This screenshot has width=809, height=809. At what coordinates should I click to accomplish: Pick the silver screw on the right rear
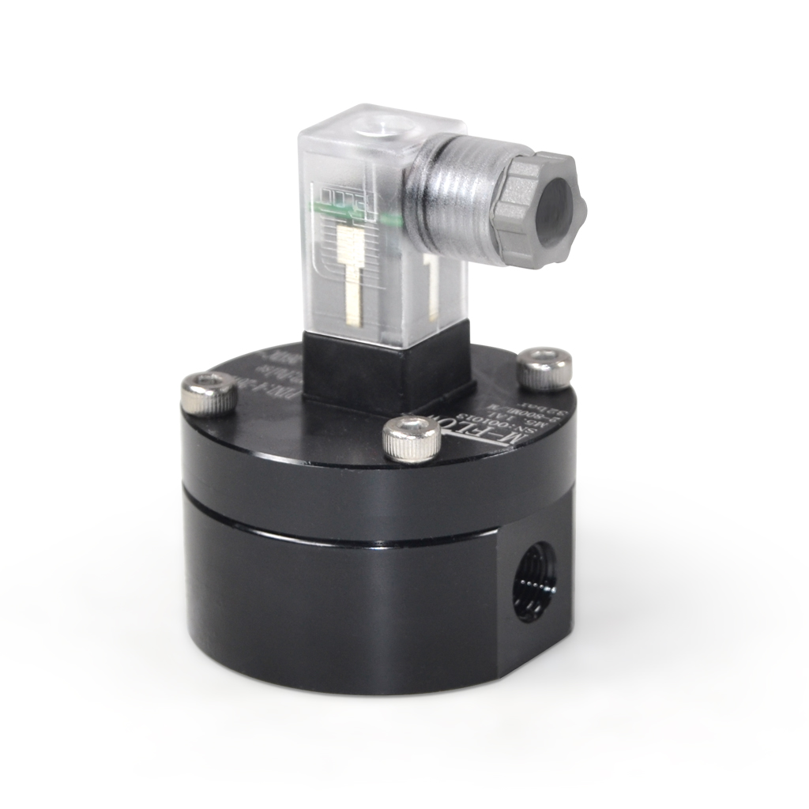pos(544,367)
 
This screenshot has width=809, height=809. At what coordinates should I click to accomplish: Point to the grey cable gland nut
pos(536,208)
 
